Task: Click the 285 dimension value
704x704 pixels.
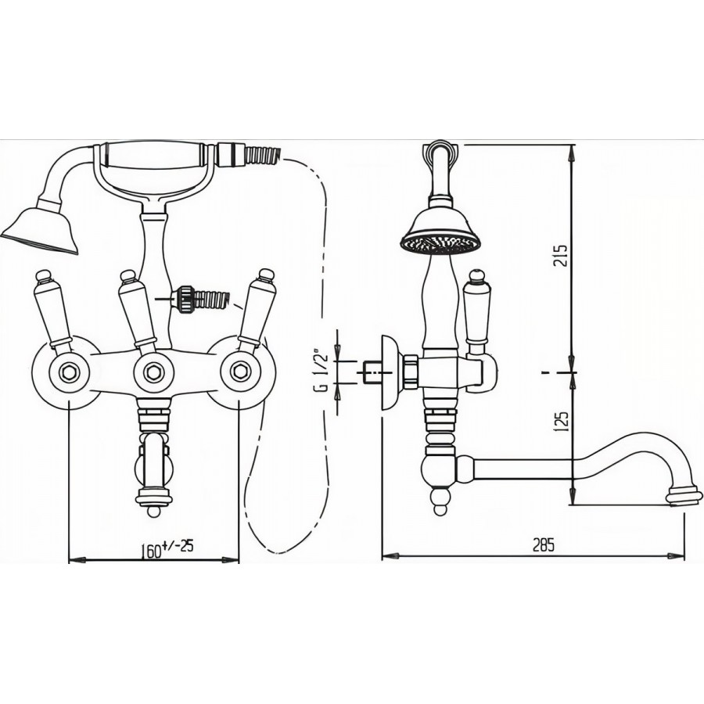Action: (544, 544)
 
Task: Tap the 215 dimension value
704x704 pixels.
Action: (561, 256)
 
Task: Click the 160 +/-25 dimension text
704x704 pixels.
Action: (167, 548)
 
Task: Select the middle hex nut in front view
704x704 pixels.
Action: (153, 372)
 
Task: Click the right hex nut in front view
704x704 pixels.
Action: (239, 372)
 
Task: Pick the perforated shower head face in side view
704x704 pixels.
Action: (440, 244)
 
